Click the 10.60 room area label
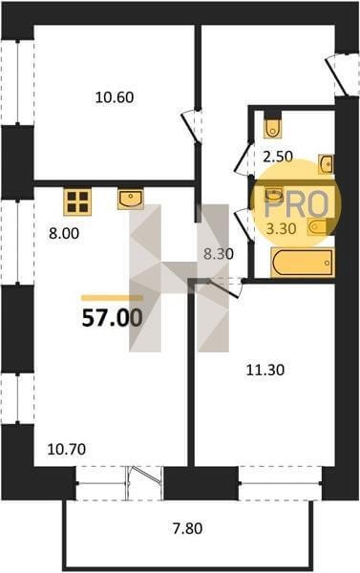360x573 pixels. click(x=115, y=97)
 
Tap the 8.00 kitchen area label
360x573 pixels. click(x=64, y=233)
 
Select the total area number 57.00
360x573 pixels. click(x=113, y=318)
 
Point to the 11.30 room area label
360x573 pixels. click(x=265, y=371)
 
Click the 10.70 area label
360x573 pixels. click(x=67, y=449)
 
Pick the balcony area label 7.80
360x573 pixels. click(x=187, y=528)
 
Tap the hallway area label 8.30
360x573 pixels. click(x=218, y=254)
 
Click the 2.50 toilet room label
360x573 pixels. click(x=278, y=157)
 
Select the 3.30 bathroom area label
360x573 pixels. click(x=281, y=229)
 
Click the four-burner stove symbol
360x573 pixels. click(x=77, y=202)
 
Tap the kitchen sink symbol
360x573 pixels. click(x=131, y=199)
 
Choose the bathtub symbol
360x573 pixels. click(x=303, y=262)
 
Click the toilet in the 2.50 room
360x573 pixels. click(x=273, y=125)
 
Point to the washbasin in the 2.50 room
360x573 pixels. click(x=326, y=163)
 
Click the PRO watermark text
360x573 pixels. click(x=296, y=204)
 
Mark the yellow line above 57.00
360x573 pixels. click(x=112, y=298)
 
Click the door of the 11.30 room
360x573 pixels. click(x=222, y=287)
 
